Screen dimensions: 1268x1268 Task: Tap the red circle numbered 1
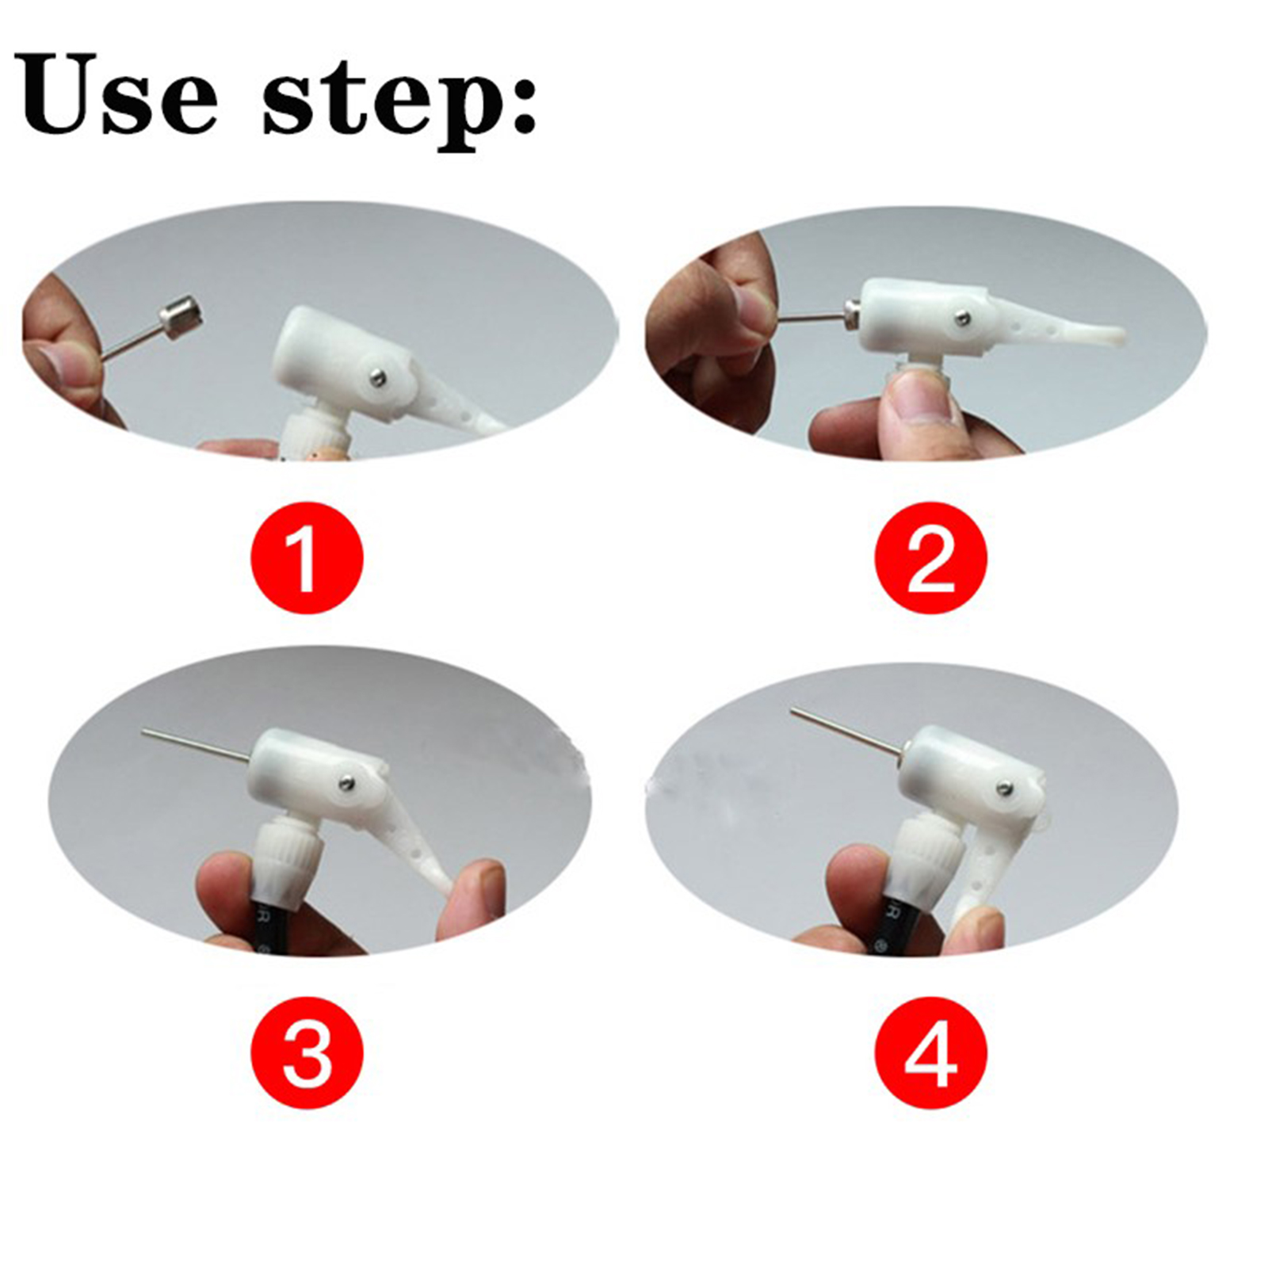pos(307,557)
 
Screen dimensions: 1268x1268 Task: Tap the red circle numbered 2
pos(931,557)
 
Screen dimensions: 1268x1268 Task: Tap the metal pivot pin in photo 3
pos(346,783)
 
